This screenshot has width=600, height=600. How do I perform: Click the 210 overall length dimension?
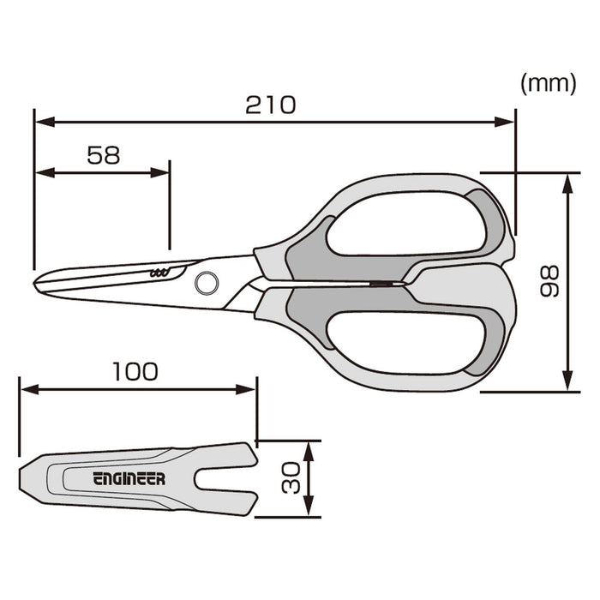[270, 105]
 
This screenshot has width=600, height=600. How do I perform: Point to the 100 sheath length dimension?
[135, 371]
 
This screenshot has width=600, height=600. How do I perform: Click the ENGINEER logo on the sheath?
[129, 479]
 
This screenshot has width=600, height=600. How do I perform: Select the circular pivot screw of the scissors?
[207, 281]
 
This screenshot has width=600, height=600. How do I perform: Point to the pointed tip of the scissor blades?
[36, 284]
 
